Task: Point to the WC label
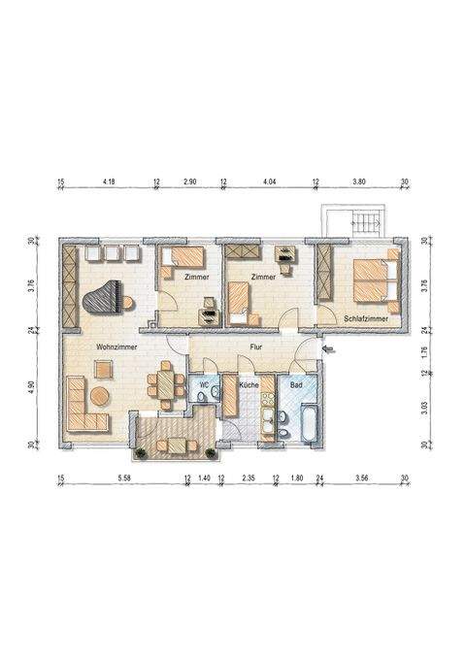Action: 204,385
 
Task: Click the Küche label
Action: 247,385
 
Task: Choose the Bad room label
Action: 296,385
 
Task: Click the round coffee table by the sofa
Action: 101,368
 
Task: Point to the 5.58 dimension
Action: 123,478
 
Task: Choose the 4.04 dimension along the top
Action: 269,181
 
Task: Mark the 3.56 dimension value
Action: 362,478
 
